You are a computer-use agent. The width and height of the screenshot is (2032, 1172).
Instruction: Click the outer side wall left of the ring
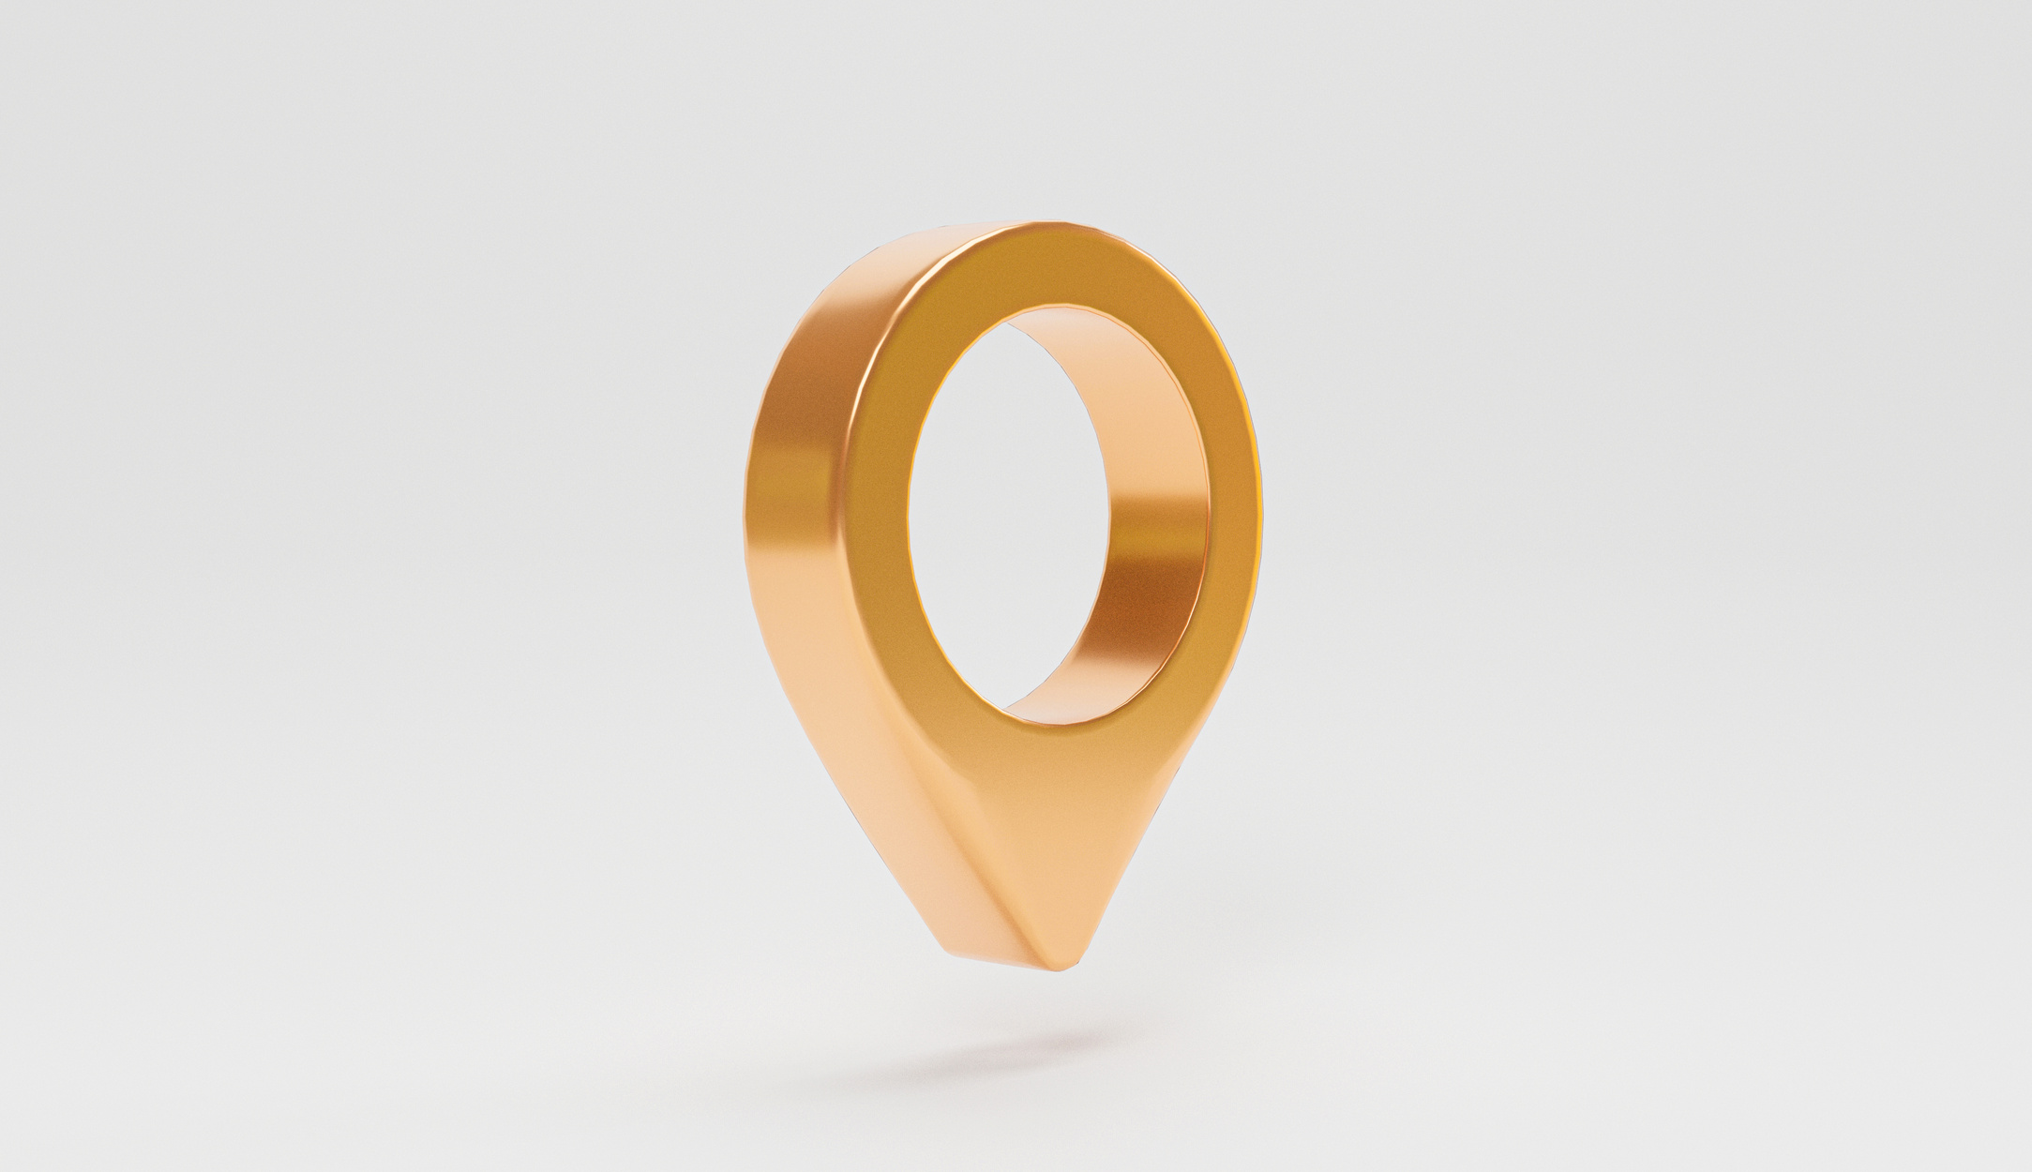797,469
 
